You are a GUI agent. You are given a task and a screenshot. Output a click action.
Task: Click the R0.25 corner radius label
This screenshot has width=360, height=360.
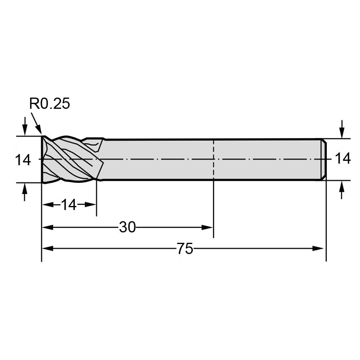coord(49,104)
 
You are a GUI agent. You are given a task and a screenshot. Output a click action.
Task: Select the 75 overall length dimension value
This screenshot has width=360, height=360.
coord(185,248)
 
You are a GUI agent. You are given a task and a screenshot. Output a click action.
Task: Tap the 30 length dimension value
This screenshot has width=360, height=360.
coord(128,227)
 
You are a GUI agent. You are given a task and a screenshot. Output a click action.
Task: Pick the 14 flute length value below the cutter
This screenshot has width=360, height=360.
coord(69,205)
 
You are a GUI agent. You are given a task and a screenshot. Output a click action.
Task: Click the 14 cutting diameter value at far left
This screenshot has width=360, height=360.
coord(23,160)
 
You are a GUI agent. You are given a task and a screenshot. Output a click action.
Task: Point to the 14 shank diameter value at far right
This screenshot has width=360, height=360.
coord(343,158)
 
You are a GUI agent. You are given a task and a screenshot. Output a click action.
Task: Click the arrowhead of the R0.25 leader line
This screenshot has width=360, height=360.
coord(39,130)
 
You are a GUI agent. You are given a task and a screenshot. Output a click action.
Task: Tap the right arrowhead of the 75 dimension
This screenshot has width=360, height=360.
coord(318,248)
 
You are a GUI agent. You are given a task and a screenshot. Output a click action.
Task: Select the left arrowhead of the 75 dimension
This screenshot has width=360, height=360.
coord(48,248)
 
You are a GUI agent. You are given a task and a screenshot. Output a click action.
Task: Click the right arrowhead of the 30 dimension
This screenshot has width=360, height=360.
coord(207,227)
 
